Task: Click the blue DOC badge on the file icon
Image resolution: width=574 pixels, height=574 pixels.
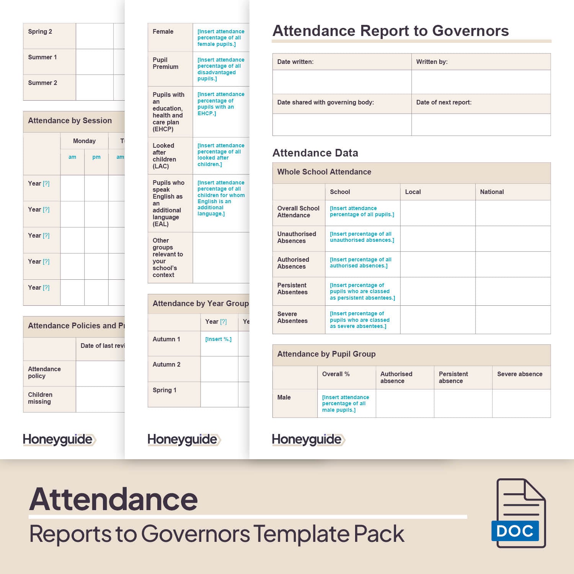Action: (515, 531)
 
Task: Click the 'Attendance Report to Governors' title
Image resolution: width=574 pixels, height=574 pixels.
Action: (390, 31)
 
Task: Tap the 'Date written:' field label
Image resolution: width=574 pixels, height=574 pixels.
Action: (295, 62)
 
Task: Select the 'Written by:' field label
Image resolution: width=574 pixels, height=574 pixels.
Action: (432, 62)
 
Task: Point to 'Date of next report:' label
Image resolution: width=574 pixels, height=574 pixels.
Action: (444, 102)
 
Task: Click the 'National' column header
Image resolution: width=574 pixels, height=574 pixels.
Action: (492, 192)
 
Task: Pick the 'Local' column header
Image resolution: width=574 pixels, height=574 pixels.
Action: (413, 192)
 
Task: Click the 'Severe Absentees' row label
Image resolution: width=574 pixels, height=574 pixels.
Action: (292, 317)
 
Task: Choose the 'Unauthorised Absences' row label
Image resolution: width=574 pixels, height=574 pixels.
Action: (297, 237)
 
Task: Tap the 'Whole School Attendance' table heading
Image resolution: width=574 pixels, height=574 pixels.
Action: (324, 172)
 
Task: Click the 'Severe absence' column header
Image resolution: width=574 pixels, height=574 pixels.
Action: (520, 374)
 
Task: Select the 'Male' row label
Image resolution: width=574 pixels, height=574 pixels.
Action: (284, 397)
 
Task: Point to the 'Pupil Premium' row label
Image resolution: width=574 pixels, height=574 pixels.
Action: (165, 63)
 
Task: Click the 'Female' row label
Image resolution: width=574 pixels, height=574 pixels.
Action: (163, 31)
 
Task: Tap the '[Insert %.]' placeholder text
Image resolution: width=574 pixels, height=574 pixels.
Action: (218, 339)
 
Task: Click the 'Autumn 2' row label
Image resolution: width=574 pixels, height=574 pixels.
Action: (166, 364)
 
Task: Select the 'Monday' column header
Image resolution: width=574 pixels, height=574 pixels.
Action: (84, 141)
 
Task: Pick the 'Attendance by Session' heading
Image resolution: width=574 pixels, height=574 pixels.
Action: (70, 121)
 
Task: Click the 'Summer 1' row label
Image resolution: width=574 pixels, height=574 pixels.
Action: (42, 57)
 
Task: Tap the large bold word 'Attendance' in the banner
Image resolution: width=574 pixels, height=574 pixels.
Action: (113, 499)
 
